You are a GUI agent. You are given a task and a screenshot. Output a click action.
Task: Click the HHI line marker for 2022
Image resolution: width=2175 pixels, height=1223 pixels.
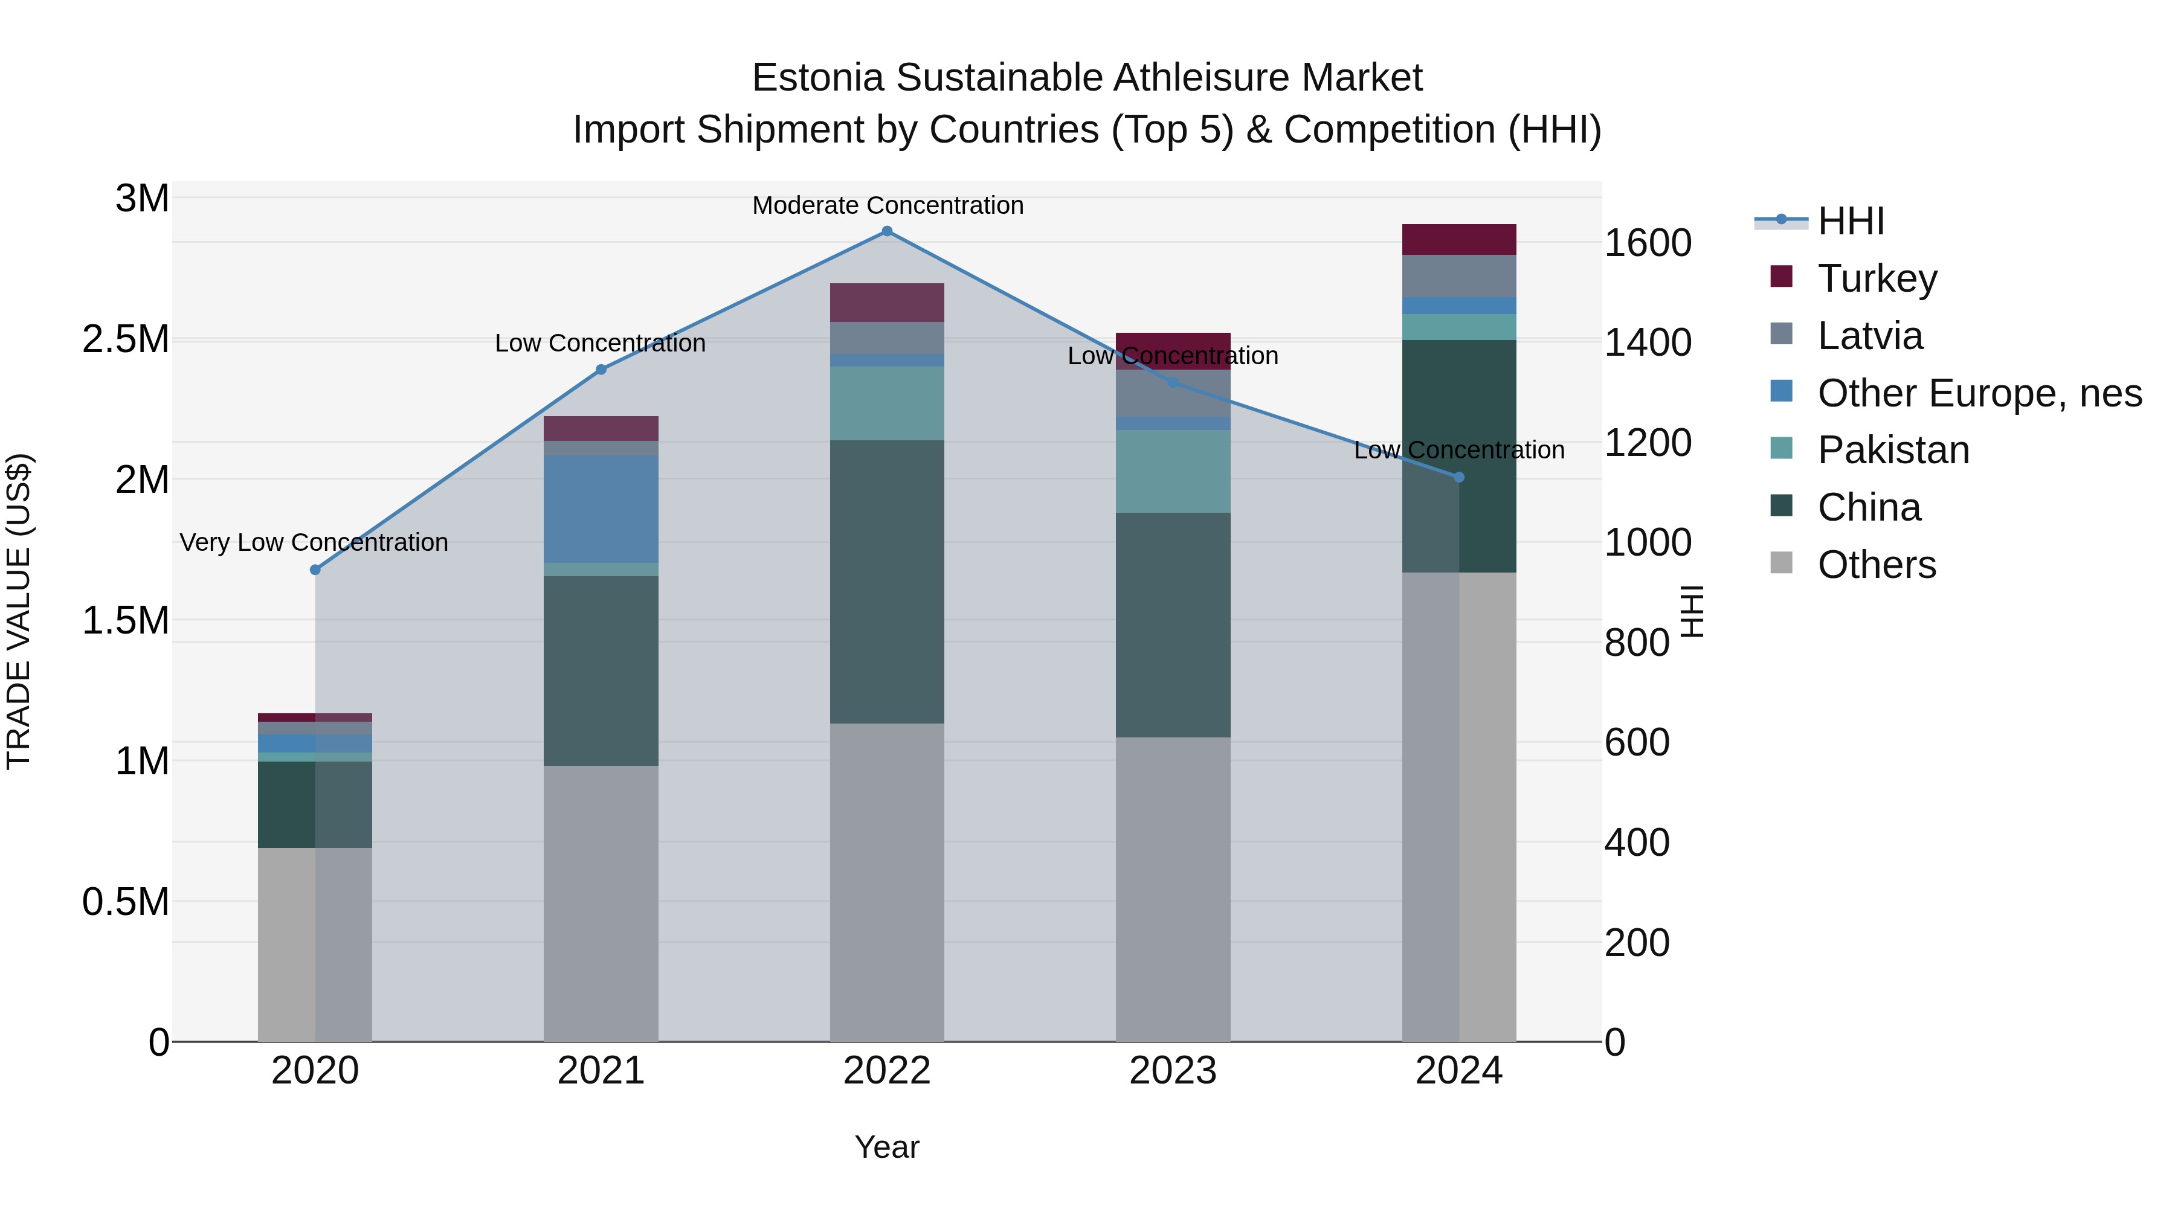[x=886, y=231]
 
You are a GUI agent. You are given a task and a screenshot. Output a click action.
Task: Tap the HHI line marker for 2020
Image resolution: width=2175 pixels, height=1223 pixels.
[x=315, y=570]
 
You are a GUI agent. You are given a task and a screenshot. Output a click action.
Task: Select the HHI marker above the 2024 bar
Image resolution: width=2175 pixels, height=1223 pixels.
[x=1458, y=477]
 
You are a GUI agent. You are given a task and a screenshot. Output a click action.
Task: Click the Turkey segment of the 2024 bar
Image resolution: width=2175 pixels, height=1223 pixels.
[x=1458, y=240]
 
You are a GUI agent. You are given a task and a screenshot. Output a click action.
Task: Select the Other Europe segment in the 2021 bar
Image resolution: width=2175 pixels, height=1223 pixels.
[x=601, y=509]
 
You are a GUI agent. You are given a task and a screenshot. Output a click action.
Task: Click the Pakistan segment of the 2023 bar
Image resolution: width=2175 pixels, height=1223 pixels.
[x=1172, y=471]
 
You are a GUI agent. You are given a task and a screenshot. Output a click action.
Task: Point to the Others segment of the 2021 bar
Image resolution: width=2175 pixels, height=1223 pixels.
[x=601, y=903]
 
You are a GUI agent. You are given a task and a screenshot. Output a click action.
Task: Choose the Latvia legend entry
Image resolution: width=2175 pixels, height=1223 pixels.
[x=1869, y=336]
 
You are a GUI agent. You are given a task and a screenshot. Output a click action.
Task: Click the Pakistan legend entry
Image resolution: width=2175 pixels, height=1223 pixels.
[x=1892, y=450]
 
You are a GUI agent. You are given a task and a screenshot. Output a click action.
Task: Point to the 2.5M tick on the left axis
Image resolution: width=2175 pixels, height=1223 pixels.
[x=125, y=339]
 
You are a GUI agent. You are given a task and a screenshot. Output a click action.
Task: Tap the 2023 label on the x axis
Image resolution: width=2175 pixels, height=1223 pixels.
[x=1172, y=1071]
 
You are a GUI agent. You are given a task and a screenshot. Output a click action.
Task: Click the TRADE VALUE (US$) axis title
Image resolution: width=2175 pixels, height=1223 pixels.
[x=19, y=611]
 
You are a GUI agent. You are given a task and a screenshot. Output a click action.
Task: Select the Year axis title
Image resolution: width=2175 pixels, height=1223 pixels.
[x=886, y=1147]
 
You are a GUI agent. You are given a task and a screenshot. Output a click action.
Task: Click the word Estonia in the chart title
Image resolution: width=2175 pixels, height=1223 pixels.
[x=817, y=78]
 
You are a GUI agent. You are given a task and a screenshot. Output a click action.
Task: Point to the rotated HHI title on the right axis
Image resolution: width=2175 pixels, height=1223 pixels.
[x=1692, y=611]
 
